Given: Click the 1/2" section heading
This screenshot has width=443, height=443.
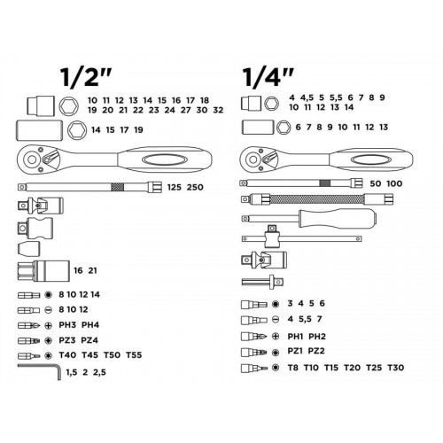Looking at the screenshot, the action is [x=86, y=77].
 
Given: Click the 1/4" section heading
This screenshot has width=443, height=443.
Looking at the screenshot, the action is [x=268, y=77].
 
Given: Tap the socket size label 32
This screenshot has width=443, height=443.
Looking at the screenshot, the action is [x=218, y=110].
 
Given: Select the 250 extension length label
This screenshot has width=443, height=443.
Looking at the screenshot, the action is [x=195, y=187].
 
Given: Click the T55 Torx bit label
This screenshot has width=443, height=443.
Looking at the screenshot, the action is [x=134, y=355].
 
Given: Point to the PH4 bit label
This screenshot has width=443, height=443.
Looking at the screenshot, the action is [x=90, y=325].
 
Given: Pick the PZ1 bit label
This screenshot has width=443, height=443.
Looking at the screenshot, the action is [x=295, y=351].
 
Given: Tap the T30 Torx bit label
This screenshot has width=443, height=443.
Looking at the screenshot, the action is [x=396, y=368].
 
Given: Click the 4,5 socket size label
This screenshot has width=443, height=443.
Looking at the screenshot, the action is [x=307, y=97].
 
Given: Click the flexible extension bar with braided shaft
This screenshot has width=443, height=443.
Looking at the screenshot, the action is [x=317, y=198].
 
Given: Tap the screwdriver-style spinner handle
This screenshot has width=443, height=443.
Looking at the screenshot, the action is [x=309, y=219].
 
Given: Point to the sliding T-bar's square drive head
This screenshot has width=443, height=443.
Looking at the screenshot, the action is [x=272, y=237].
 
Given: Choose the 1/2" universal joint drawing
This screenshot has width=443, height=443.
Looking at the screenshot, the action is [x=41, y=205].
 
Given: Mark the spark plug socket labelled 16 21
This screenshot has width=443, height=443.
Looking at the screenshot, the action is [x=43, y=271].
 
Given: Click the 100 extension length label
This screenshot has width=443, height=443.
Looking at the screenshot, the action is [x=394, y=183].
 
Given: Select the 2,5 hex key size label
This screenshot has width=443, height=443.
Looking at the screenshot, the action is [x=99, y=372].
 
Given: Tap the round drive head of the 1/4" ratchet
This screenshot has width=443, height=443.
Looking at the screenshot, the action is [x=253, y=159].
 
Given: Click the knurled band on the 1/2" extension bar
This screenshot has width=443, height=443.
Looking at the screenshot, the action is [x=118, y=187].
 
